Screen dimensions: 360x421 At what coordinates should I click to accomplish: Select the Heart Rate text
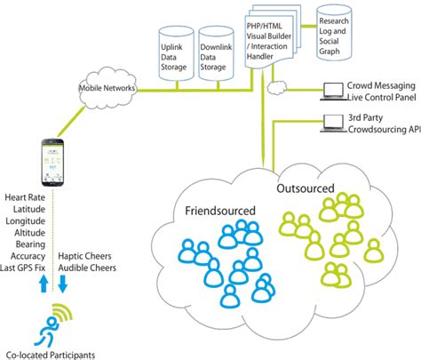click(x=26, y=196)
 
